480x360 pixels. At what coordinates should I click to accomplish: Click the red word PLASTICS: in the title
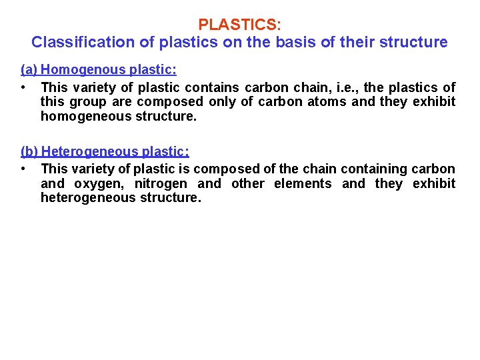click(x=240, y=25)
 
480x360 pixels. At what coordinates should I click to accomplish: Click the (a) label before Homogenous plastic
click(x=29, y=69)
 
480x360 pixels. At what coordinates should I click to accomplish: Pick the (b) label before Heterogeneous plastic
click(x=29, y=151)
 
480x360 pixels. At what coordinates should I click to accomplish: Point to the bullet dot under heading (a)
click(x=23, y=87)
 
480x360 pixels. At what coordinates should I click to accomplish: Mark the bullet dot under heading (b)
click(x=23, y=169)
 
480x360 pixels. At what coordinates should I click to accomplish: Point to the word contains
click(x=213, y=87)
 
